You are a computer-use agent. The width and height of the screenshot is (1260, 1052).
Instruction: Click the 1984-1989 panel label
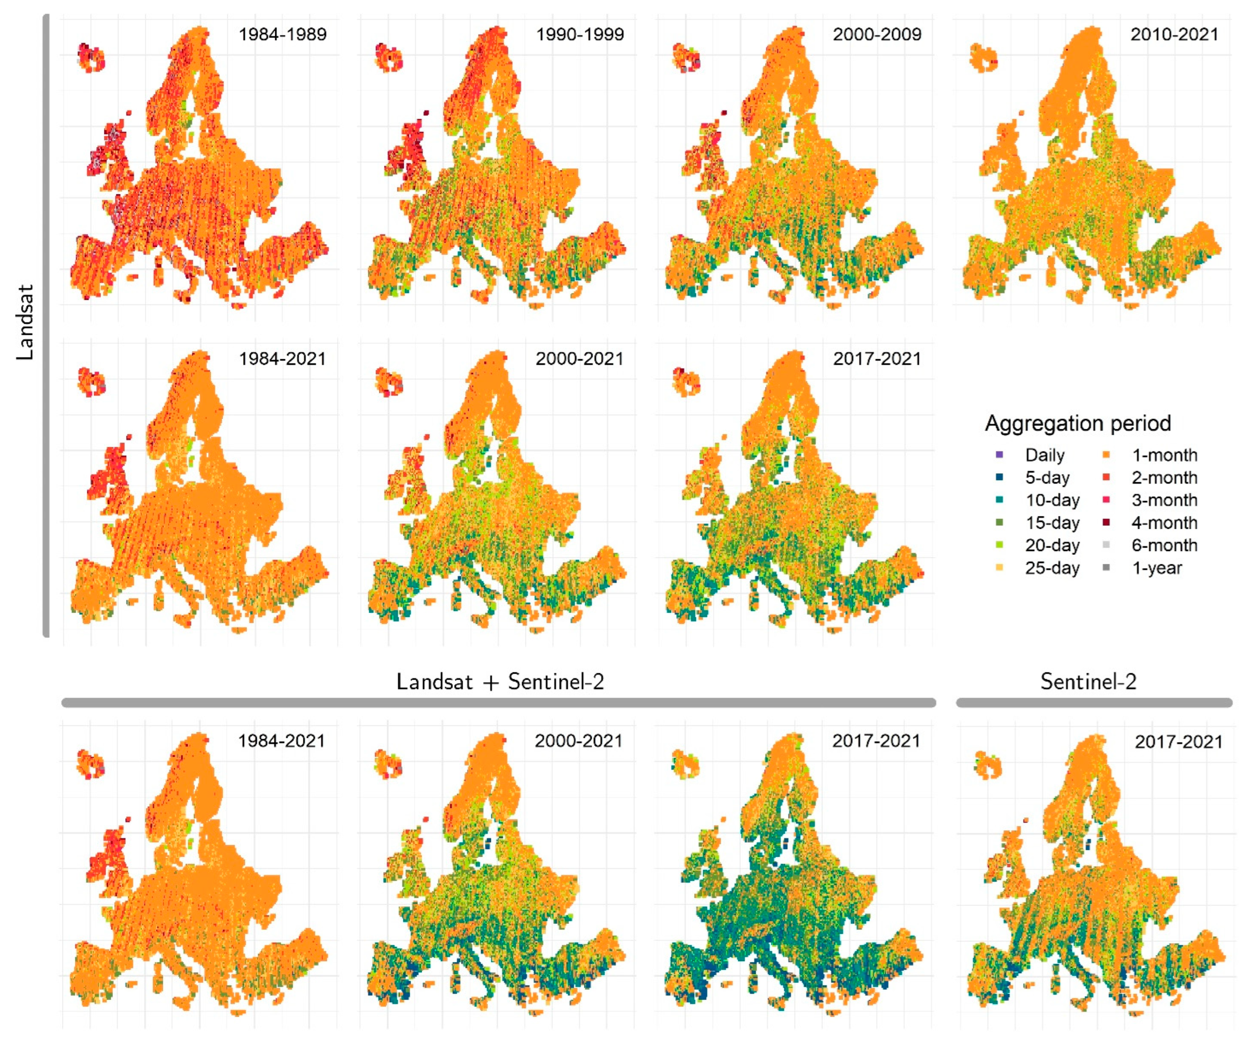click(282, 34)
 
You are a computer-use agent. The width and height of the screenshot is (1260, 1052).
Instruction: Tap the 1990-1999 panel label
click(580, 34)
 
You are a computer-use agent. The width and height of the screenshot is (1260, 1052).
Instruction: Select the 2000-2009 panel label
click(877, 34)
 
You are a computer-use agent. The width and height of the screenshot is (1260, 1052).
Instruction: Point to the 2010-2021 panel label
click(1174, 34)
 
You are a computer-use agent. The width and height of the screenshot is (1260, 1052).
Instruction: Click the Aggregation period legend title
click(1078, 423)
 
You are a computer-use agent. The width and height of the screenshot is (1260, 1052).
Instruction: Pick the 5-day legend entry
click(1047, 478)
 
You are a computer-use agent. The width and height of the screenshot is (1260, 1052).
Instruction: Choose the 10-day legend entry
click(1052, 500)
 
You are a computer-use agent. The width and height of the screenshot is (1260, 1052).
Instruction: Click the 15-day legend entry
click(1052, 523)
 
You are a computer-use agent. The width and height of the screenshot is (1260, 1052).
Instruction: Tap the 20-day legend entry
click(1052, 545)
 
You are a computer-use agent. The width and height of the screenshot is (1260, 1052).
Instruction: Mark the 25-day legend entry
click(1052, 568)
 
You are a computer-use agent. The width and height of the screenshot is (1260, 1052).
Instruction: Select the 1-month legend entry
click(1164, 455)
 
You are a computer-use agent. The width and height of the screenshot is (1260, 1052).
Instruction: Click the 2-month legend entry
click(1164, 478)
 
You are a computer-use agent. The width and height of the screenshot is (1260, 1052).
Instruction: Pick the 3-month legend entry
click(1164, 500)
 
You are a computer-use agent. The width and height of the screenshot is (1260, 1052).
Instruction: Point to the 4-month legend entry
click(1164, 523)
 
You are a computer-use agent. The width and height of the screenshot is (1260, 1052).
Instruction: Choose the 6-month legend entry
click(1164, 545)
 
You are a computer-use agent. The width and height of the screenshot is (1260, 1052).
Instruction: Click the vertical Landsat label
click(25, 322)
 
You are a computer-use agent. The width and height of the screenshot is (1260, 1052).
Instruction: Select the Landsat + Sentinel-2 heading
click(500, 682)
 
